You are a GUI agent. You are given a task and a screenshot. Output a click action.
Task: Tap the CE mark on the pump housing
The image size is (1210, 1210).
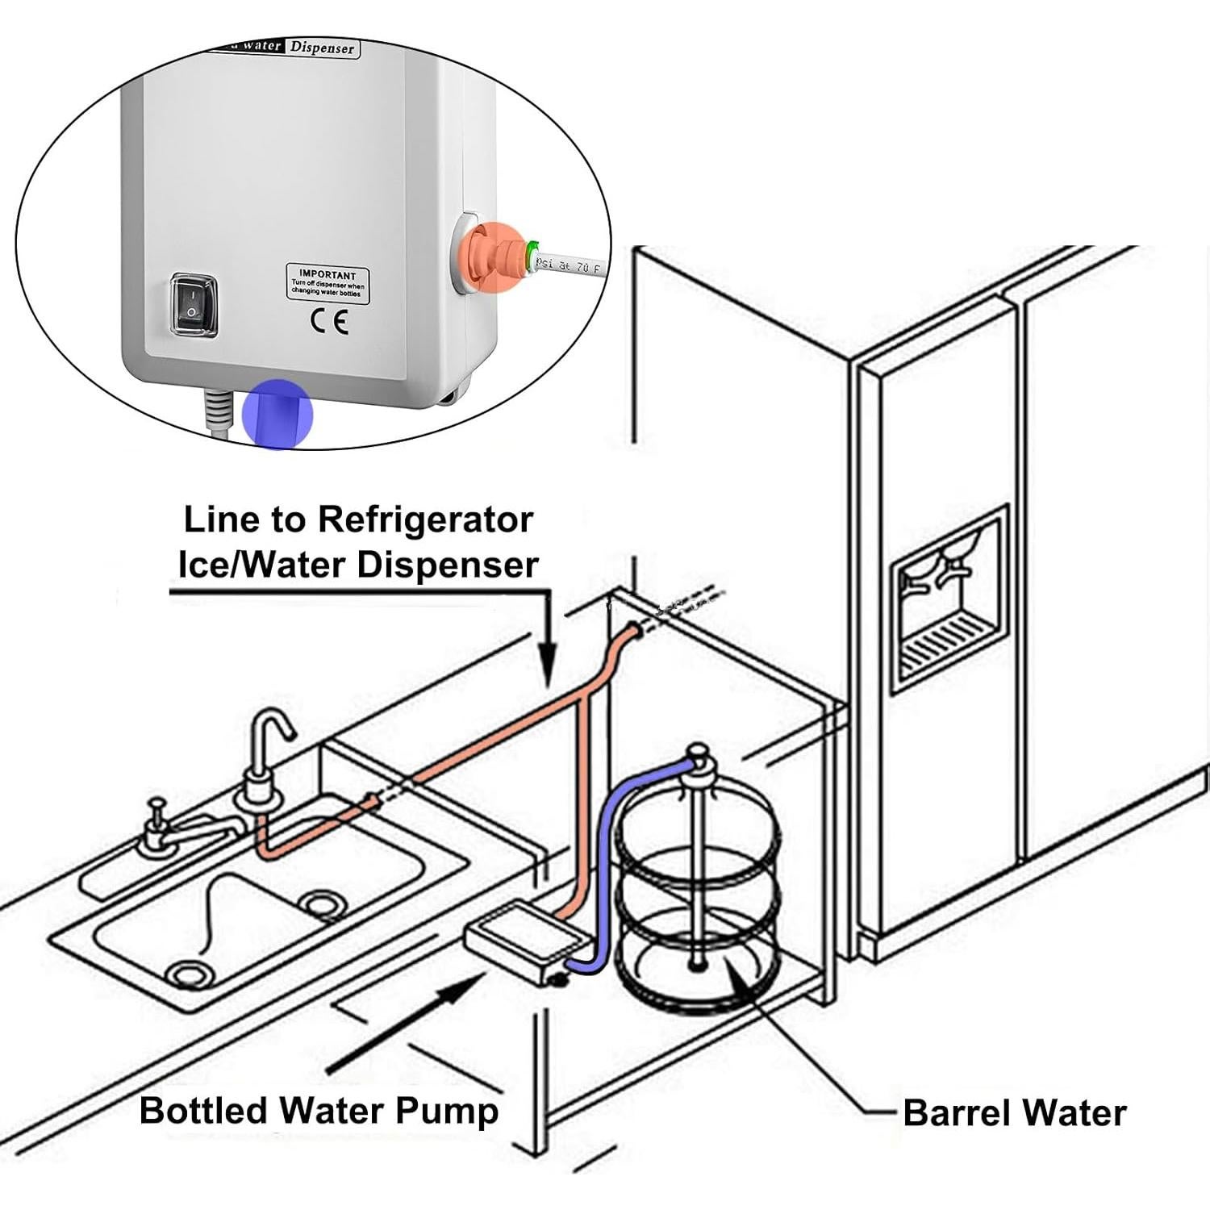click(x=329, y=323)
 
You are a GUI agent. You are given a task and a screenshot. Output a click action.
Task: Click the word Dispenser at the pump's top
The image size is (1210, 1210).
click(x=323, y=48)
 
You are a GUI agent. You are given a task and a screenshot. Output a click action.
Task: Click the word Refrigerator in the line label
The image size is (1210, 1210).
click(x=425, y=520)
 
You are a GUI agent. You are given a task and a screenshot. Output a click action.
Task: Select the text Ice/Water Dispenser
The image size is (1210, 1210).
click(x=357, y=565)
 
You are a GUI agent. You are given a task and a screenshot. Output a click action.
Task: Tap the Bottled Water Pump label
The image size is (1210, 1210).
click(x=319, y=1110)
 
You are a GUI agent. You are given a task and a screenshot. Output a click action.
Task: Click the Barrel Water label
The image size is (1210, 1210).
click(x=1014, y=1113)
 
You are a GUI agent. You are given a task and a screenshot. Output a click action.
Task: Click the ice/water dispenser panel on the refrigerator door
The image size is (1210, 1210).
click(x=950, y=599)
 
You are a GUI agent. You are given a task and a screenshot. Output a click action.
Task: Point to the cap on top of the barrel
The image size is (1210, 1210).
click(x=697, y=758)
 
